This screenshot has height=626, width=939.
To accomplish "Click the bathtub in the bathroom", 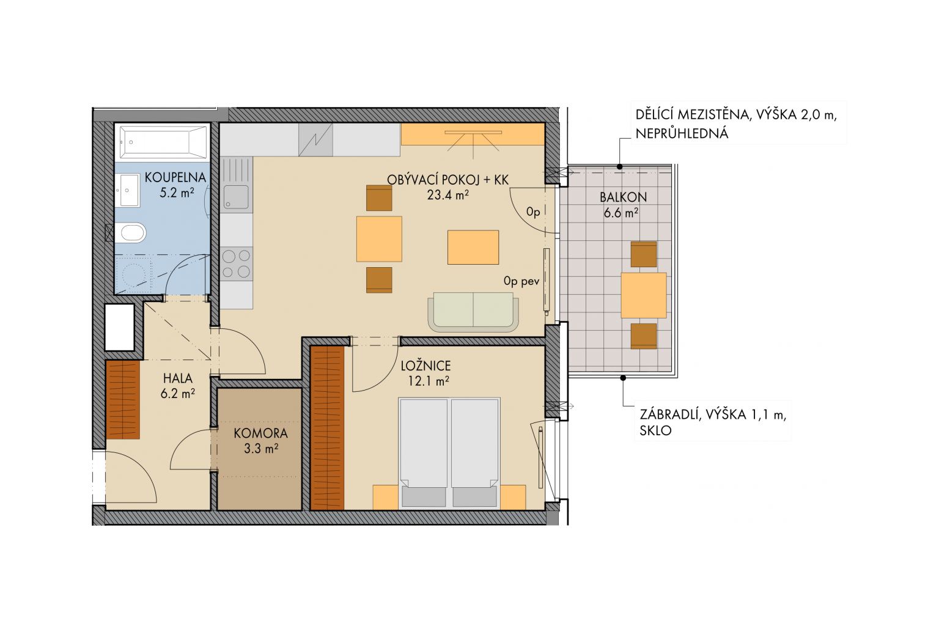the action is [x=163, y=142].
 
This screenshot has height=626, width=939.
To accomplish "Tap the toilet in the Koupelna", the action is [x=131, y=233].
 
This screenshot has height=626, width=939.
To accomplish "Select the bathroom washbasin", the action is [x=128, y=190].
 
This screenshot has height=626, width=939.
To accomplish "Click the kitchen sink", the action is [x=237, y=197].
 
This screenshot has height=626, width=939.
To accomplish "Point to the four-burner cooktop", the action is [x=237, y=263].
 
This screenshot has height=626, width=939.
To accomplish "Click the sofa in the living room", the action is [x=473, y=312].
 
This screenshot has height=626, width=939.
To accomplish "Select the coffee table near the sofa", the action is [x=473, y=247].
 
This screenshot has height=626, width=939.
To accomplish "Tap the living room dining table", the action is [x=379, y=238].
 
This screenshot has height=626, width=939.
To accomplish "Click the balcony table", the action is [x=644, y=295].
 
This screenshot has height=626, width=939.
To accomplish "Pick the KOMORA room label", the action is [x=261, y=433].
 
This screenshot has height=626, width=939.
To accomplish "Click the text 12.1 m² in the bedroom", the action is [x=429, y=381].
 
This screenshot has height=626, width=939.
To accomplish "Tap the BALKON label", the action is [x=623, y=197].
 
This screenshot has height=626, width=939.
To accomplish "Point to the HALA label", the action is [x=178, y=378].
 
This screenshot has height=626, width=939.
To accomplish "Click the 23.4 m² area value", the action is [x=447, y=195].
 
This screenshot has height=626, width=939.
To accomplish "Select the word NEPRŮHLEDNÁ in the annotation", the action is [x=682, y=133].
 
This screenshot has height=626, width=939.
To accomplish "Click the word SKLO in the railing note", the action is [x=655, y=430].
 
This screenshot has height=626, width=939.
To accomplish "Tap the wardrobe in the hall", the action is [x=123, y=400].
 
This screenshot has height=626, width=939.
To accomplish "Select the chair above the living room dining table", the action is [x=379, y=198].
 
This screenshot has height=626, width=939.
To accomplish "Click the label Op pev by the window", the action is [x=521, y=281].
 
